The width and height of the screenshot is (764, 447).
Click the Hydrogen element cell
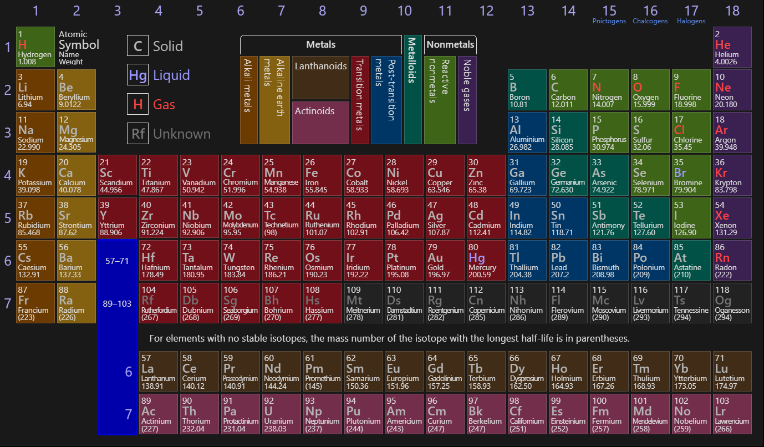coord(35,47)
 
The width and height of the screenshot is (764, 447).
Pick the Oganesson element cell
coord(732,303)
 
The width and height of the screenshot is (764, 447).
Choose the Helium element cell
coord(732,47)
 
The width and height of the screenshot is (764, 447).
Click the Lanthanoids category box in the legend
coord(320,77)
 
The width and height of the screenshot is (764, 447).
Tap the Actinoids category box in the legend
coord(320,123)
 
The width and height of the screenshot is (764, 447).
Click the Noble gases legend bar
coord(467,100)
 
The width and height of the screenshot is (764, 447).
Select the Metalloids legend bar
coord(413,89)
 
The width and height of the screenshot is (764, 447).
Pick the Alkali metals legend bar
coord(249,100)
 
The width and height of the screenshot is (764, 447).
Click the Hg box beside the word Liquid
coord(137,75)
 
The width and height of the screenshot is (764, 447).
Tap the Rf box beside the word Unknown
coord(137,134)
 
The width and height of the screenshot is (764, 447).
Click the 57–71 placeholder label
coord(117,261)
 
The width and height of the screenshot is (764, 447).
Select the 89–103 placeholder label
coord(117,303)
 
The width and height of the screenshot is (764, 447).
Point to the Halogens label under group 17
coord(691,21)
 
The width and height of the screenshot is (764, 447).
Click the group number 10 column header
coord(405,11)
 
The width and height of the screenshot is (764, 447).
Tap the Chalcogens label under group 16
coord(650,21)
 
